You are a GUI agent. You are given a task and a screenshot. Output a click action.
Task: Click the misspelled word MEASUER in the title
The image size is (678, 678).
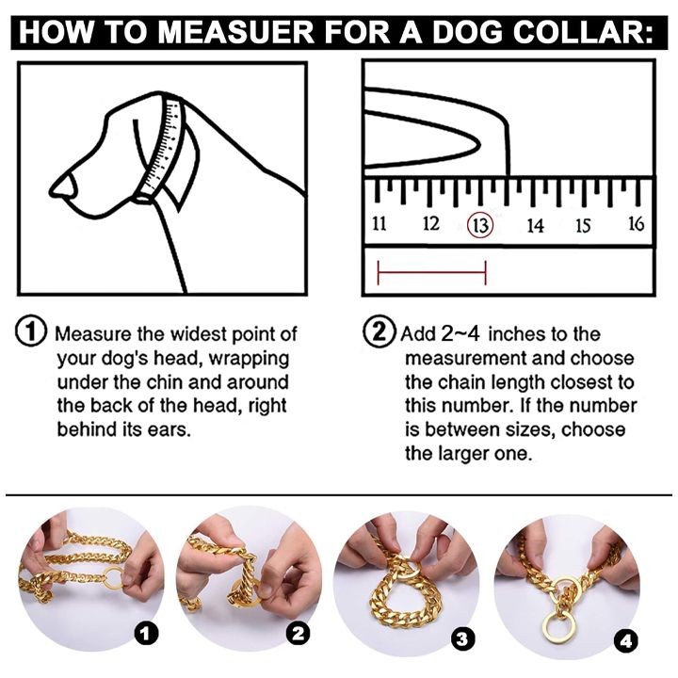pyautogui.click(x=235, y=32)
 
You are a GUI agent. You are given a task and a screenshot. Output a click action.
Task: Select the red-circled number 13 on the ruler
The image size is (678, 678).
pyautogui.click(x=480, y=225)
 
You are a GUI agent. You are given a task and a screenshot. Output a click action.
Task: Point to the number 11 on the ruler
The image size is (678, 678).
pyautogui.click(x=379, y=223)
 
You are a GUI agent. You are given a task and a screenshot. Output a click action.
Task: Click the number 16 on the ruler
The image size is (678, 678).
pyautogui.click(x=636, y=223)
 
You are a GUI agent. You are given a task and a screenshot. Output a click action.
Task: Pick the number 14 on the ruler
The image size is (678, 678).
pyautogui.click(x=535, y=225)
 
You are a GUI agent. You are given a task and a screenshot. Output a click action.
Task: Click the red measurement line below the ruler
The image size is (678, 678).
pyautogui.click(x=432, y=273)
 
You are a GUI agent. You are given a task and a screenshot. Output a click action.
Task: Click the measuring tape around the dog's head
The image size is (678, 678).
pyautogui.click(x=161, y=147)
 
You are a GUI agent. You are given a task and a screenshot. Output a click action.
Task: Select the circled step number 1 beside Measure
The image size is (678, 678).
pyautogui.click(x=31, y=331)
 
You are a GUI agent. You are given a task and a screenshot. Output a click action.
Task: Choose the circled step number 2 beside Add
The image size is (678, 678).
pyautogui.click(x=379, y=331)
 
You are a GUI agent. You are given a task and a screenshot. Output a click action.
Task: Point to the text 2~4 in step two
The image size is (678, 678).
pyautogui.click(x=460, y=333)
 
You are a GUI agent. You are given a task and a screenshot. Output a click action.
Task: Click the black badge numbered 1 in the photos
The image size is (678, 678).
pyautogui.click(x=145, y=634)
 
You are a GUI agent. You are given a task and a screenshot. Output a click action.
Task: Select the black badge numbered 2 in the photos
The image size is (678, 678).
pyautogui.click(x=298, y=634)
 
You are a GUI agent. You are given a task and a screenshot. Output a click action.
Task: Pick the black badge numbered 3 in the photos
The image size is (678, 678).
pyautogui.click(x=462, y=639)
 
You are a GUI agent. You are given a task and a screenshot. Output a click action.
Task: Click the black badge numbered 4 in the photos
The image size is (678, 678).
pyautogui.click(x=625, y=641)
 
